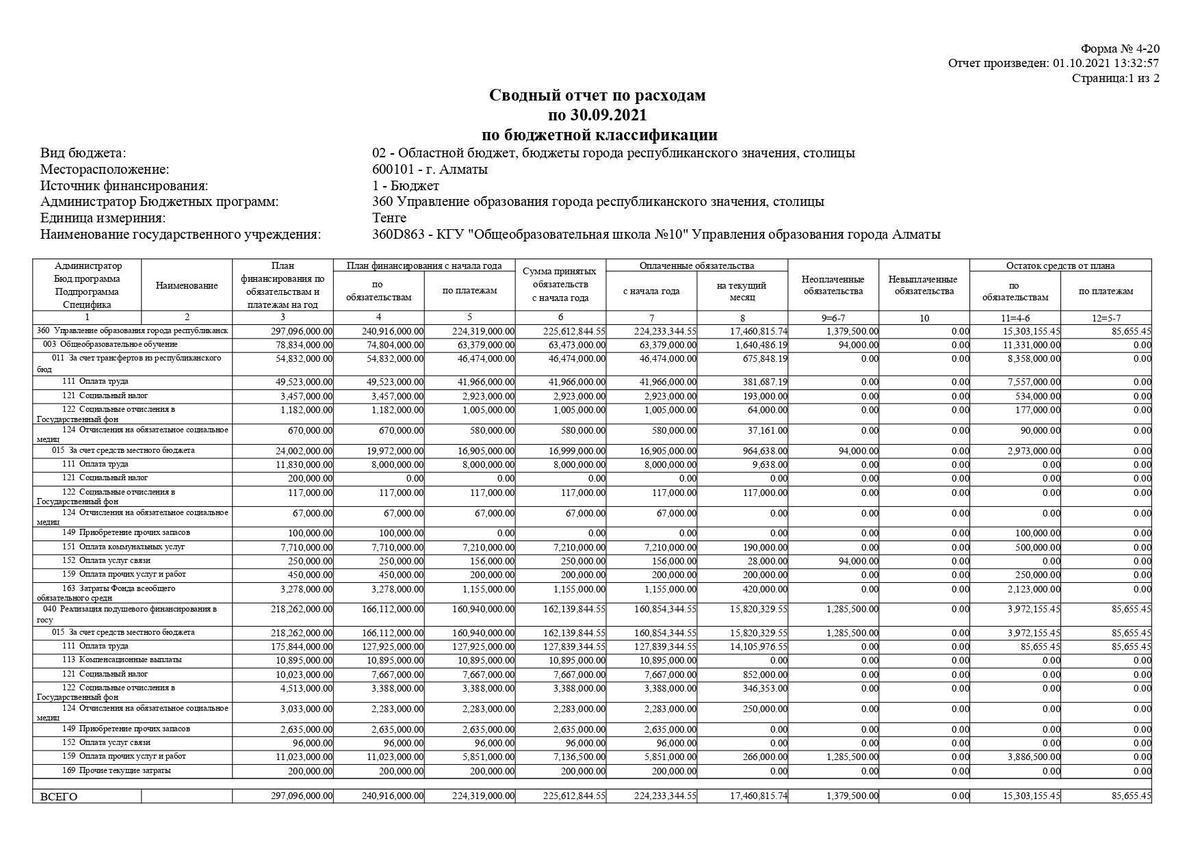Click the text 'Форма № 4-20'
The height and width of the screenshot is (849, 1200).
click(1120, 48)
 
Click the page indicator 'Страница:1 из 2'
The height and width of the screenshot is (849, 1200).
click(1115, 78)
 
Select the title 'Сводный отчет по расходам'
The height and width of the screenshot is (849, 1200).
click(597, 95)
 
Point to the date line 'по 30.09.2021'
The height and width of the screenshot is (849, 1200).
click(597, 115)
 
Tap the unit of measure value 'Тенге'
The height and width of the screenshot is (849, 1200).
click(389, 217)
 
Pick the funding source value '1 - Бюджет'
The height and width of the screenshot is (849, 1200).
click(405, 185)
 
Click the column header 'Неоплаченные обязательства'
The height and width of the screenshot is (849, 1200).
click(833, 285)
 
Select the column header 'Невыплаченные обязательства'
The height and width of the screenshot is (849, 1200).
click(923, 285)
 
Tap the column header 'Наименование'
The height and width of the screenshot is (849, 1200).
click(186, 285)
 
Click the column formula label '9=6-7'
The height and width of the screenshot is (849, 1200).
click(833, 317)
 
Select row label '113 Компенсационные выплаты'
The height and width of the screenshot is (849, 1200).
click(110, 659)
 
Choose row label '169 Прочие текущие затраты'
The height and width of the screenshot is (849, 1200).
click(109, 771)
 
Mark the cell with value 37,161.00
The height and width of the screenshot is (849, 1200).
click(765, 430)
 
